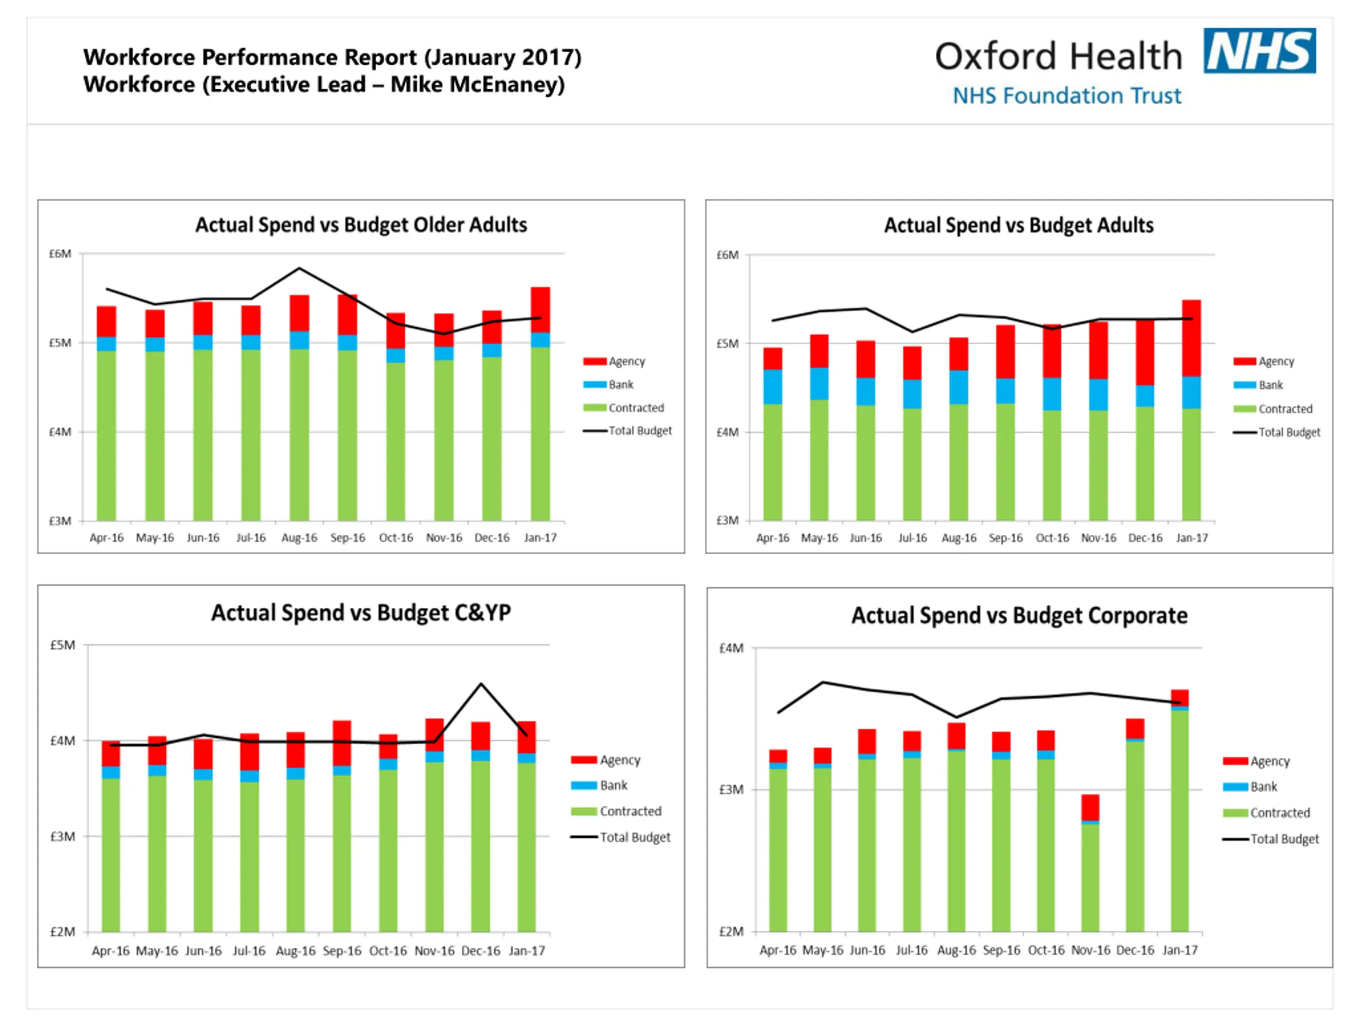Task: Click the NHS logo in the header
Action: click(1259, 50)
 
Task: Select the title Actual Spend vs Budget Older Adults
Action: click(361, 225)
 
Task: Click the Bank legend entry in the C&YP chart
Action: click(613, 785)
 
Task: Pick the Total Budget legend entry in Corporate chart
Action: click(1283, 839)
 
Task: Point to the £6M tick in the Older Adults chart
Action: click(60, 254)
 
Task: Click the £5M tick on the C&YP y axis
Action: click(63, 645)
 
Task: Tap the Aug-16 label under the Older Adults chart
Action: click(300, 538)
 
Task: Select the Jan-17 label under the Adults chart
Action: click(1192, 538)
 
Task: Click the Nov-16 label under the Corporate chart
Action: click(1091, 950)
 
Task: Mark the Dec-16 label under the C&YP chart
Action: click(481, 950)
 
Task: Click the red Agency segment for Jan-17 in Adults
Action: click(1192, 338)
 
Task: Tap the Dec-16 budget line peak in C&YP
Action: click(481, 684)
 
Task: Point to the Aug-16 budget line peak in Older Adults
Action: click(300, 268)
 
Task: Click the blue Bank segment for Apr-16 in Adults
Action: click(773, 387)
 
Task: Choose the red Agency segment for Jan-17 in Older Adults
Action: click(540, 309)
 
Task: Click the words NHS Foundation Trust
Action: click(1067, 96)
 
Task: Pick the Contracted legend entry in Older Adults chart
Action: click(635, 407)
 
